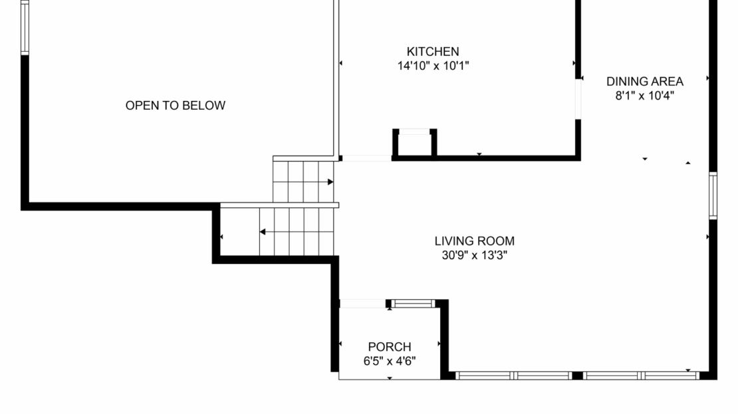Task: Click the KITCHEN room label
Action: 433,52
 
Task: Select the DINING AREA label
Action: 644,82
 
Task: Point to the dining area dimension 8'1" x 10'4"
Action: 644,95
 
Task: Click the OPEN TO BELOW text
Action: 176,105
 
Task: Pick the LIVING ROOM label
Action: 474,241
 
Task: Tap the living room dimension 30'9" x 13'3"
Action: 474,255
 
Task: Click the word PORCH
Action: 390,347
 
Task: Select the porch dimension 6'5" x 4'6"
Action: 390,362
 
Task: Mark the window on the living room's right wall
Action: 713,195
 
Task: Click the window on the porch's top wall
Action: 413,304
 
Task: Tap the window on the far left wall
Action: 25,27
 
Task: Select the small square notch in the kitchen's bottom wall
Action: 415,143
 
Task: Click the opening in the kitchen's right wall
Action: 578,100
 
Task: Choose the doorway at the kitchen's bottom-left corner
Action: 366,158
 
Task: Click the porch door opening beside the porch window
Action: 362,304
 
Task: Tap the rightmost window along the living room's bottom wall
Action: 670,375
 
